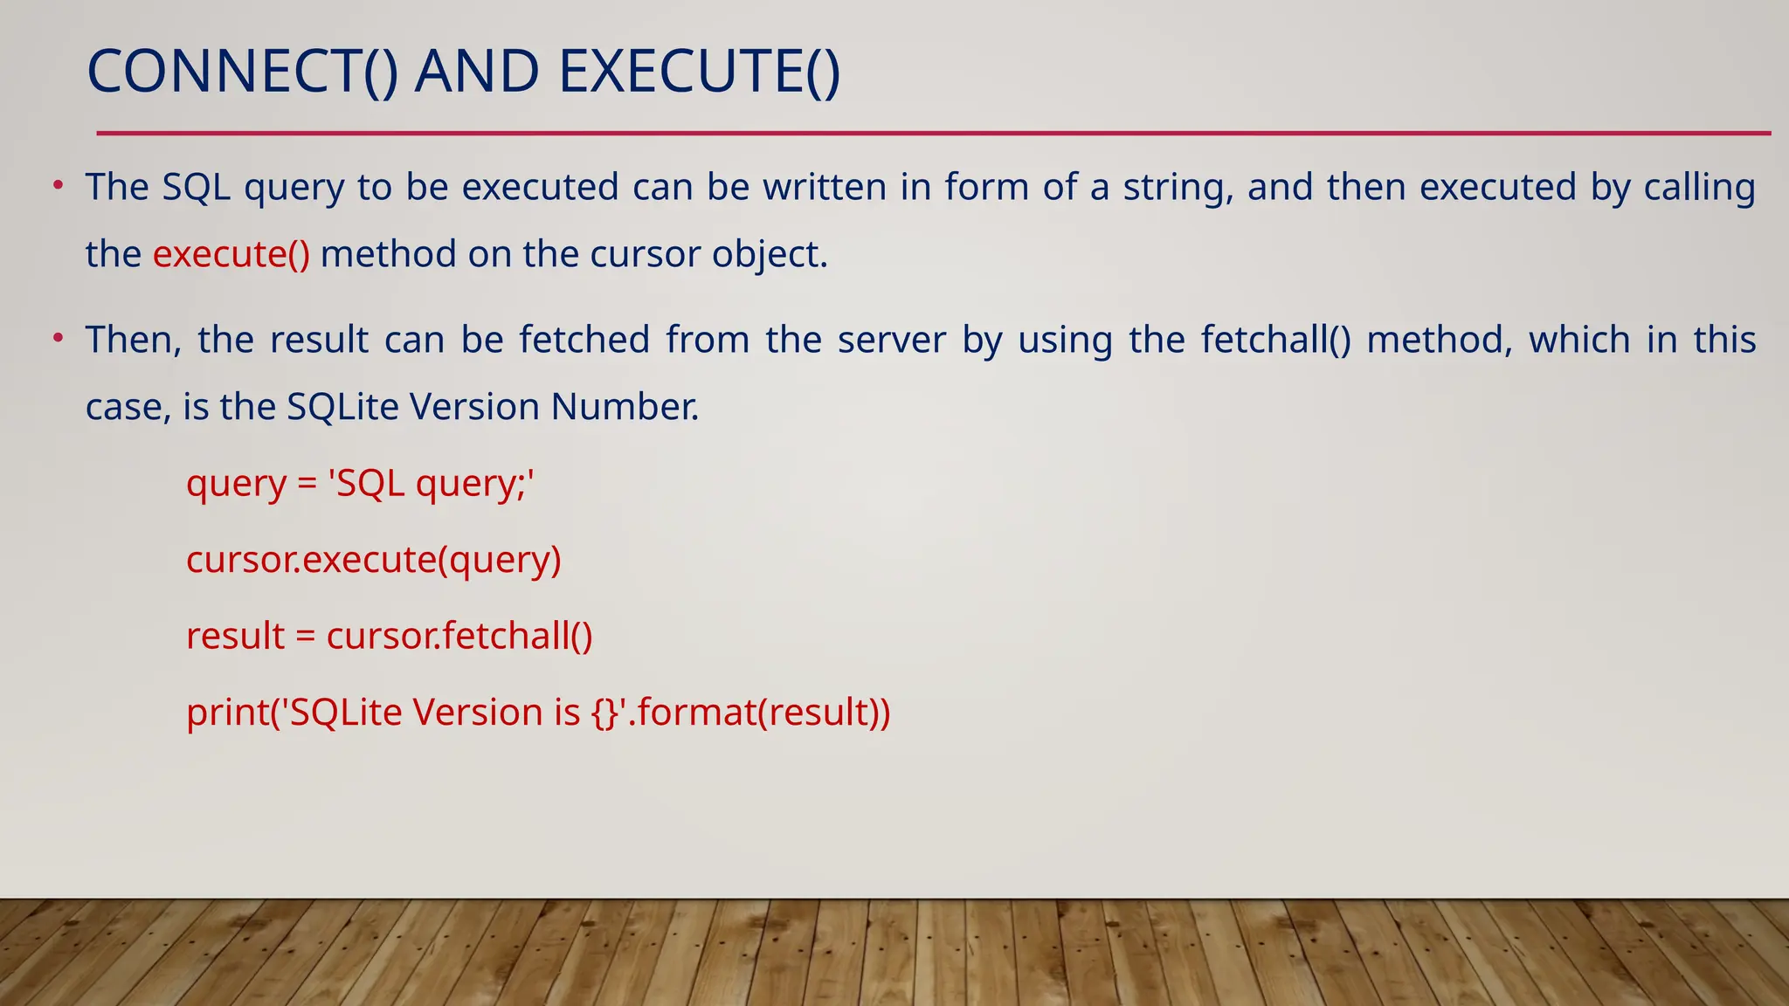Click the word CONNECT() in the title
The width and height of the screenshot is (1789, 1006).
[x=242, y=72]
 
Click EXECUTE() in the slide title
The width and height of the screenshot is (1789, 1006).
[x=699, y=72]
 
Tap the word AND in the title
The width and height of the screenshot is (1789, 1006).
[x=477, y=72]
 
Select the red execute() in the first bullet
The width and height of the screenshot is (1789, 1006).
[x=231, y=254]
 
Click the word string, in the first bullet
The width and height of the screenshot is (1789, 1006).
[x=1178, y=188]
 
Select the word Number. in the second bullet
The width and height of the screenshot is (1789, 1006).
[x=625, y=407]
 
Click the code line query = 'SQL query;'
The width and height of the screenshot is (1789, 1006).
[x=360, y=484]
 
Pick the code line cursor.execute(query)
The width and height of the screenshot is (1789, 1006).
[x=374, y=560]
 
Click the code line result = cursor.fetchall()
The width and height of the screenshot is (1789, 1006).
[x=390, y=636]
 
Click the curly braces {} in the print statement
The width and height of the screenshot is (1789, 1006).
[x=604, y=713]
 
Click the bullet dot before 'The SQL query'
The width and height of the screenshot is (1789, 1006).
[x=58, y=185]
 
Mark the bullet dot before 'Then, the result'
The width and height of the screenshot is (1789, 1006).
[x=58, y=338]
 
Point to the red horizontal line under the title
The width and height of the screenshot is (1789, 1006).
[x=933, y=134]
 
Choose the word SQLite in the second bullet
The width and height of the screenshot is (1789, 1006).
[x=342, y=407]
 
